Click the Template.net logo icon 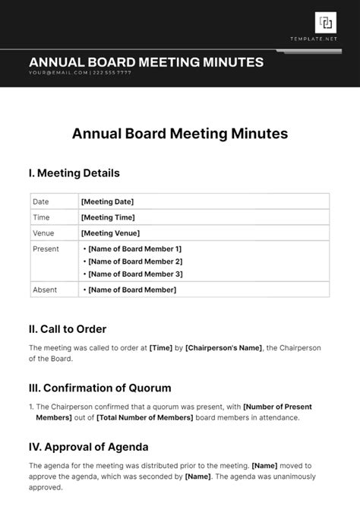coord(326,23)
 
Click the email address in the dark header coord(58,73)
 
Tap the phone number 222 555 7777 coord(112,73)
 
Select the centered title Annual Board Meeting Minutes coord(180,134)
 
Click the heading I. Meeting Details coord(74,173)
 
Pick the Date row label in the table coord(41,201)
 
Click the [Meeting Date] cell coord(107,201)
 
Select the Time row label coord(41,217)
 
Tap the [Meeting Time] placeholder coord(107,217)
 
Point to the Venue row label coord(44,233)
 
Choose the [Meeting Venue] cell coord(110,233)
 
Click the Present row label coord(46,249)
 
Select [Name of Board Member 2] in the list coord(135,261)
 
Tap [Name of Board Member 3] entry coord(135,274)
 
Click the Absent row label coord(45,290)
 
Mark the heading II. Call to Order coord(67,329)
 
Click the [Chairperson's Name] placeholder coord(223,348)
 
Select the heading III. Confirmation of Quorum coord(99,388)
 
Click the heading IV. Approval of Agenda coord(88,446)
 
